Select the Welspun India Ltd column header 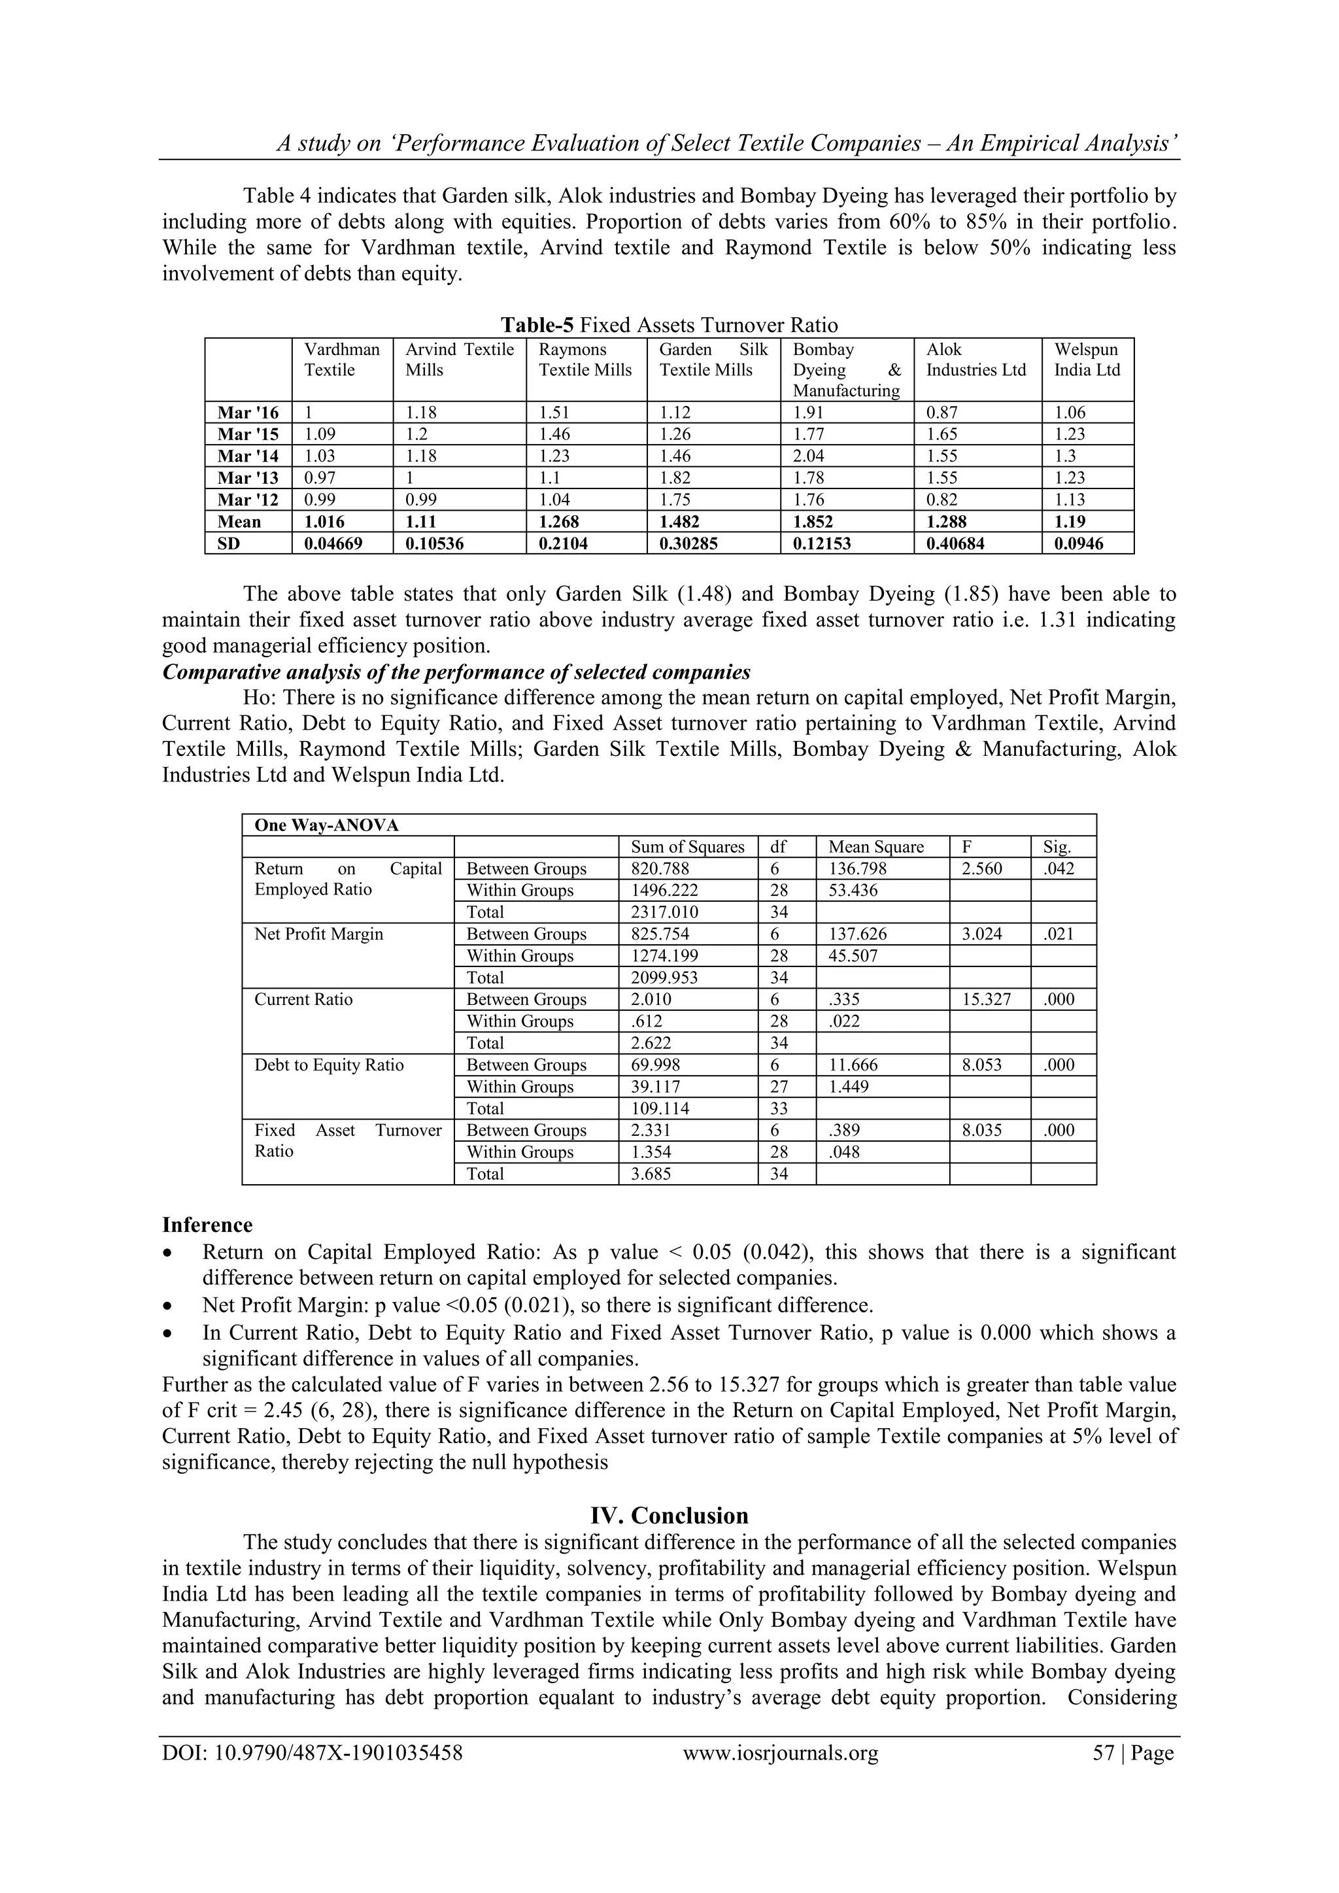[1086, 360]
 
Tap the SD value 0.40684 [960, 543]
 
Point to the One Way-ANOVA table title [326, 825]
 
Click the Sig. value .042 [1059, 868]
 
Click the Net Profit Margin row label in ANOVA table [319, 934]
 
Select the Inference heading [207, 1225]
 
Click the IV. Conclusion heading [669, 1516]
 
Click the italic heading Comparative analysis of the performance [456, 672]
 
